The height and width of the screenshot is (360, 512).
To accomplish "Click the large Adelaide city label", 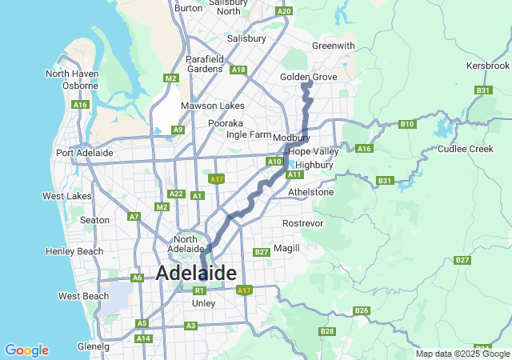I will pos(196,273).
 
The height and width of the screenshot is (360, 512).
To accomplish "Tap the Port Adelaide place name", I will pos(84,153).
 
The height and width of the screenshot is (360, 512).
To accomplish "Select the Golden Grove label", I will pos(308,76).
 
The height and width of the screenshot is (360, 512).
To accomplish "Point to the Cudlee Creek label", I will pos(465,149).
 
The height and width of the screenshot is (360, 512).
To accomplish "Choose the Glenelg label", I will pos(94,346).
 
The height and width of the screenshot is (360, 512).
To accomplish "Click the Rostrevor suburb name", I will pos(303,223).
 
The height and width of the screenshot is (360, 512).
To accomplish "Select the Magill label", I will pos(286,248).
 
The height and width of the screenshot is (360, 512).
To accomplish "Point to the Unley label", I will pos(204,303).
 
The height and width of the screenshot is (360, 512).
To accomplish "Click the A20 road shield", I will pos(283,11).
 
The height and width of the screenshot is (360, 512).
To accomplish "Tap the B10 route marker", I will pos(407,124).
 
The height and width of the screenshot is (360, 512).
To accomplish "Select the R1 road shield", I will pos(200,290).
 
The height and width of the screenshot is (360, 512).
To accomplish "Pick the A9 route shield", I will pos(178,130).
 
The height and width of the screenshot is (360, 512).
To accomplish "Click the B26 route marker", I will pos(362,310).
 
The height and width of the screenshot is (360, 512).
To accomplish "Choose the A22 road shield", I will pos(177,194).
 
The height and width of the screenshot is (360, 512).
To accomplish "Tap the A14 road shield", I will pos(143,338).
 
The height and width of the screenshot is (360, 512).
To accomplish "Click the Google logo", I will pos(26,350).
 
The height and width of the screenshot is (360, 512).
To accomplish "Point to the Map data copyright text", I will pos(462,354).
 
